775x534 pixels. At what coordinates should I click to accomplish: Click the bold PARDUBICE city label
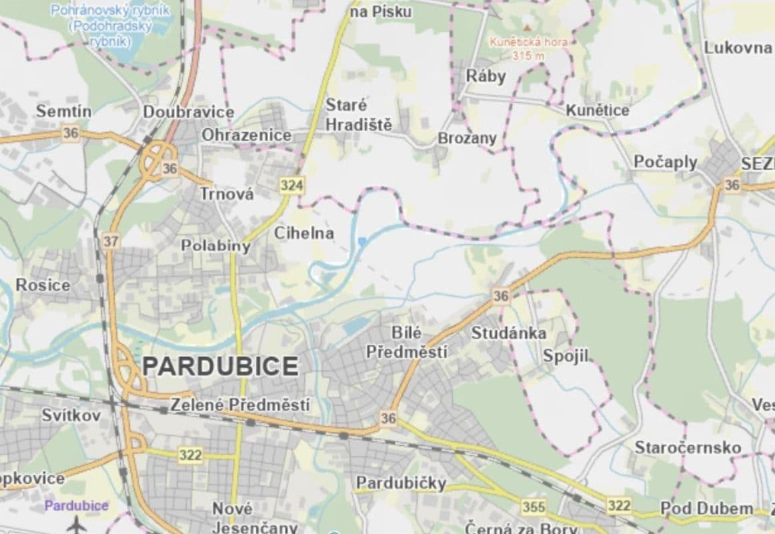pyautogui.click(x=221, y=366)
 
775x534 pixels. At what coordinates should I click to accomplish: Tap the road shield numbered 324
pyautogui.click(x=291, y=186)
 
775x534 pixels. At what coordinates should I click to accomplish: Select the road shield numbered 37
pyautogui.click(x=110, y=241)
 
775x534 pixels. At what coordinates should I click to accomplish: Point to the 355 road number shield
pyautogui.click(x=533, y=507)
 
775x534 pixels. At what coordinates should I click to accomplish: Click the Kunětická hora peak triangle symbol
pyautogui.click(x=528, y=28)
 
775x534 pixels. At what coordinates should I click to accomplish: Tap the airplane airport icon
pyautogui.click(x=76, y=523)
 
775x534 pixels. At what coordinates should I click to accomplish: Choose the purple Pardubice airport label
pyautogui.click(x=76, y=505)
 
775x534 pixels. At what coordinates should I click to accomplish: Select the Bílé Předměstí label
pyautogui.click(x=406, y=342)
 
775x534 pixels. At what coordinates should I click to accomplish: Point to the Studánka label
pyautogui.click(x=508, y=332)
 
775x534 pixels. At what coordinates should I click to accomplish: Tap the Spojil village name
pyautogui.click(x=566, y=356)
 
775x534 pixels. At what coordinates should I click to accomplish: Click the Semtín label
pyautogui.click(x=63, y=111)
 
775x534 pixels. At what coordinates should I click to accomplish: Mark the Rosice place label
pyautogui.click(x=43, y=285)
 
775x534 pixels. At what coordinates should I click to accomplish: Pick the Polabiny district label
pyautogui.click(x=215, y=246)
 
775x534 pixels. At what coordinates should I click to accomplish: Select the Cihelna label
pyautogui.click(x=303, y=233)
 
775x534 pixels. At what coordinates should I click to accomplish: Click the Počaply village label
pyautogui.click(x=665, y=162)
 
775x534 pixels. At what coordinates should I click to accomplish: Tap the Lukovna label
pyautogui.click(x=738, y=47)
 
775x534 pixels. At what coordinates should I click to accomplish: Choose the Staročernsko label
pyautogui.click(x=687, y=447)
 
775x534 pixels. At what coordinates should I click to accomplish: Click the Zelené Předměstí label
pyautogui.click(x=240, y=405)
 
